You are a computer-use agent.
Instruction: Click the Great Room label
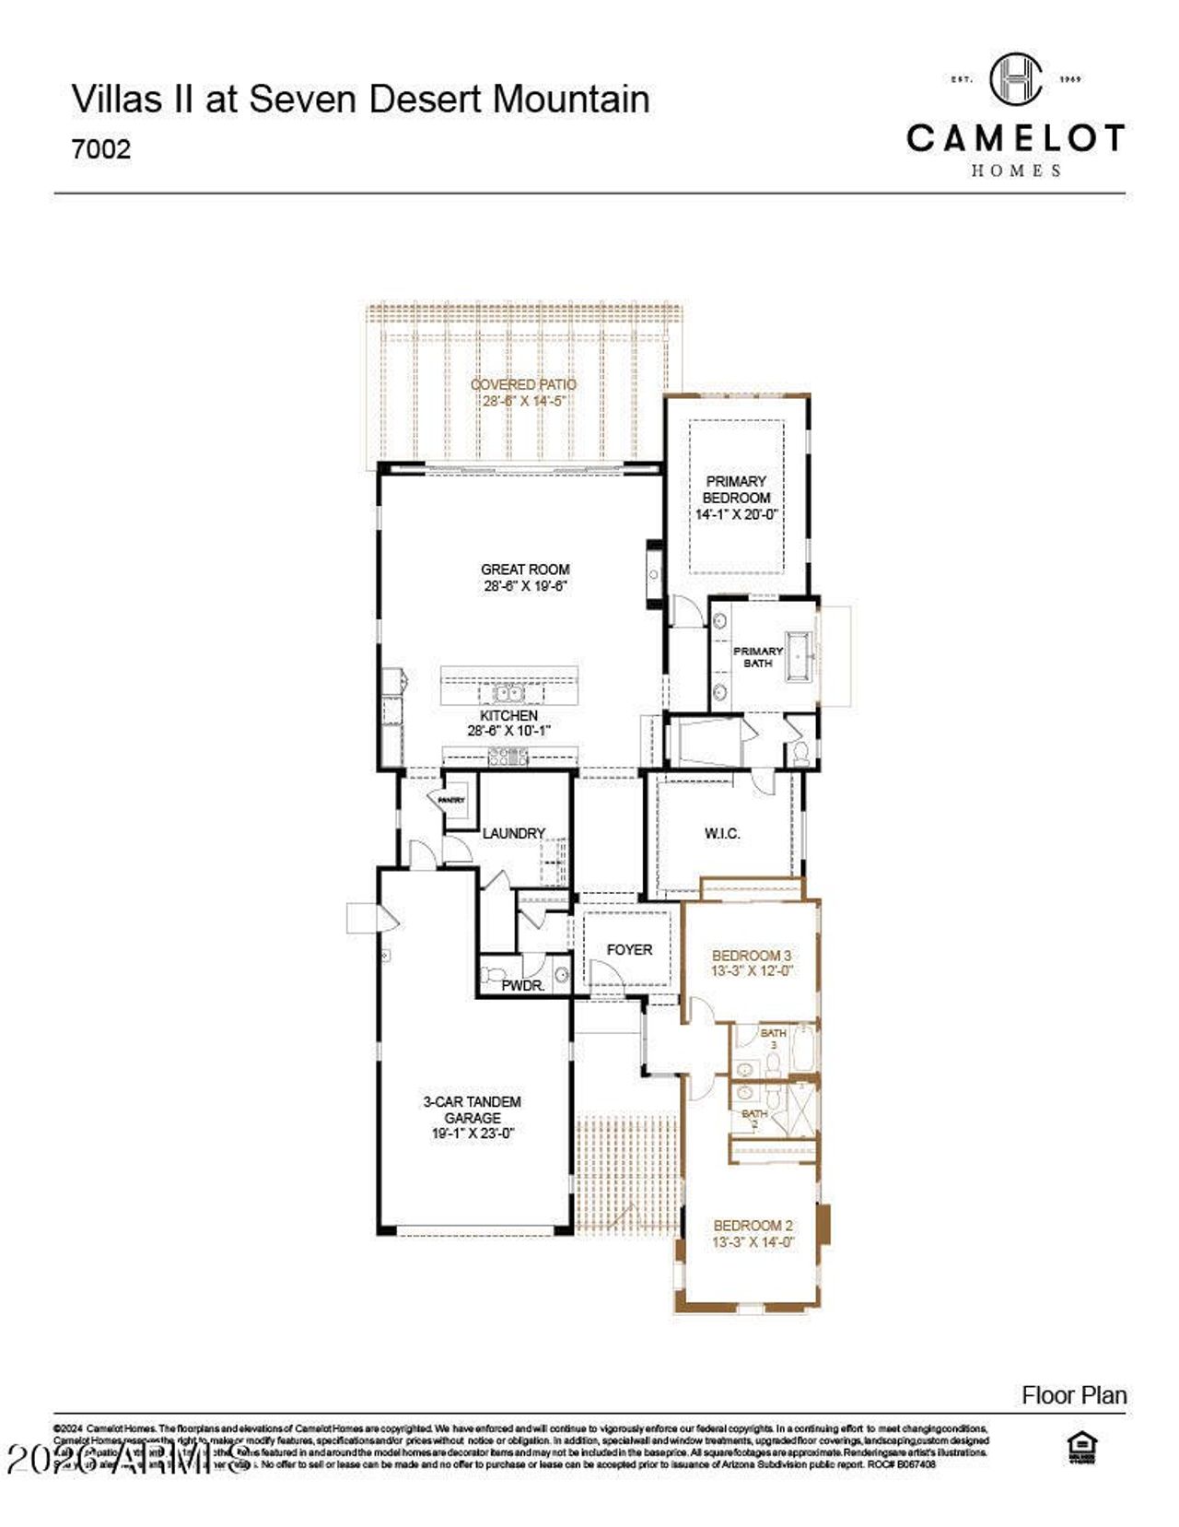click(x=525, y=570)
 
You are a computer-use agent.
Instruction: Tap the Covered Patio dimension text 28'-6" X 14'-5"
click(x=523, y=401)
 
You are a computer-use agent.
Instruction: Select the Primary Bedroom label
click(x=736, y=489)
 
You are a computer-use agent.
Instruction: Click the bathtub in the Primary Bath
click(x=800, y=657)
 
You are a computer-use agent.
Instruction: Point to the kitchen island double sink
click(x=506, y=693)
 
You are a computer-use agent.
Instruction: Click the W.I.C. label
click(x=722, y=833)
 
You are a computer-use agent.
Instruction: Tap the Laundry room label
click(x=514, y=833)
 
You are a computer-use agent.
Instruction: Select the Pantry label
click(x=450, y=801)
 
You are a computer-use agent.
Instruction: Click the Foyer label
click(x=629, y=949)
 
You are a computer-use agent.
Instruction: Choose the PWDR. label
click(x=522, y=985)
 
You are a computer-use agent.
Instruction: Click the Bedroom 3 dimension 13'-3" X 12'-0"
click(x=752, y=971)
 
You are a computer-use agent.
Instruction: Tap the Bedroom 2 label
click(x=753, y=1226)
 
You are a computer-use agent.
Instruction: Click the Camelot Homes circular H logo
click(x=1016, y=78)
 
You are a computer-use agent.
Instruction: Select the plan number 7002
click(x=101, y=149)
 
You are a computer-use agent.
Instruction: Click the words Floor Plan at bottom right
click(x=1074, y=1395)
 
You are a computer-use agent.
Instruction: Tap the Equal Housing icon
click(x=1080, y=1449)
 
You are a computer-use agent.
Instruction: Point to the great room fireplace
click(x=654, y=574)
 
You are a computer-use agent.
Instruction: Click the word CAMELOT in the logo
click(x=1015, y=138)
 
